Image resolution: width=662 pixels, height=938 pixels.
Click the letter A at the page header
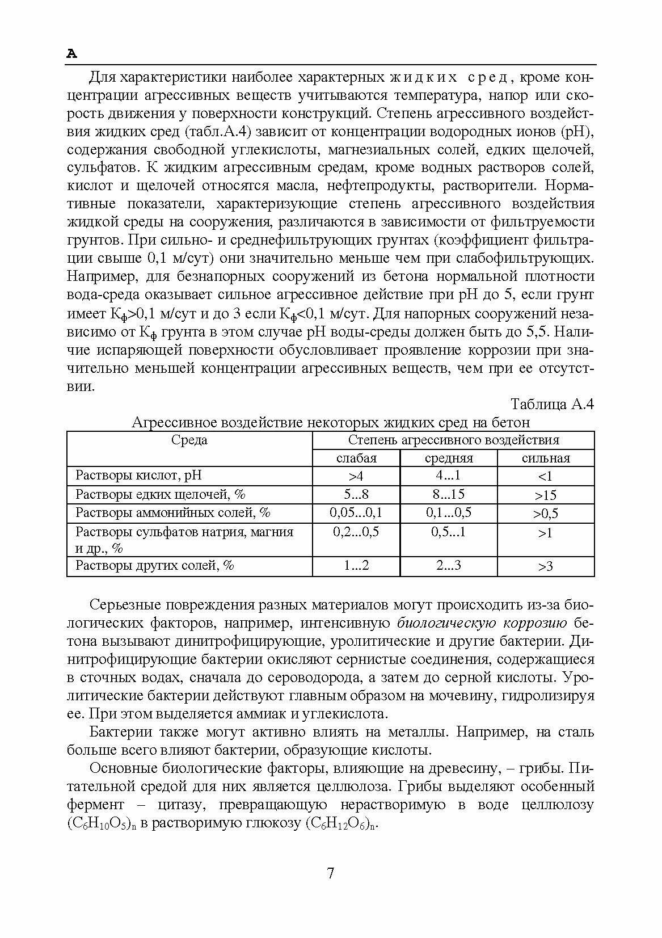tap(71, 54)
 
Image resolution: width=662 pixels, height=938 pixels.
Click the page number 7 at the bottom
tap(331, 873)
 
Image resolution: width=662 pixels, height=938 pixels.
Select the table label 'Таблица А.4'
tap(552, 404)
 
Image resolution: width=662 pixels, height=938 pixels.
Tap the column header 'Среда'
tap(189, 440)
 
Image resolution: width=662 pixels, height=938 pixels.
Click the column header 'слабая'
tap(356, 458)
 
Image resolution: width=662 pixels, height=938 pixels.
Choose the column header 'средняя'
tap(449, 458)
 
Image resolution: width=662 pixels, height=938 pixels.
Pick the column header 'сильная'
tap(546, 458)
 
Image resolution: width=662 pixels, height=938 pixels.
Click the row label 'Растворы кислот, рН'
tap(139, 476)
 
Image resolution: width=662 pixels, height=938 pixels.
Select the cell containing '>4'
tap(356, 476)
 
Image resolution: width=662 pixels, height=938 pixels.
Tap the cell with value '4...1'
tap(448, 476)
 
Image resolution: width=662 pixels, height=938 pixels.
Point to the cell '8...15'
tap(448, 494)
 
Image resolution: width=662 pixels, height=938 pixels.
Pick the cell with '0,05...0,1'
tap(356, 513)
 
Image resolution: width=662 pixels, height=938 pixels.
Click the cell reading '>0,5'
tap(545, 514)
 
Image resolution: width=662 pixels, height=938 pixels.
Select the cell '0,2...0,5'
tap(356, 532)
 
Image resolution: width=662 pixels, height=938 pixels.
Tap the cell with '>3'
tap(545, 566)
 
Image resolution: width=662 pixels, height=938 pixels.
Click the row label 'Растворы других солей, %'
tap(155, 565)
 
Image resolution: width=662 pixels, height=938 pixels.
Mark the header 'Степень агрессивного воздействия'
tap(453, 440)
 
